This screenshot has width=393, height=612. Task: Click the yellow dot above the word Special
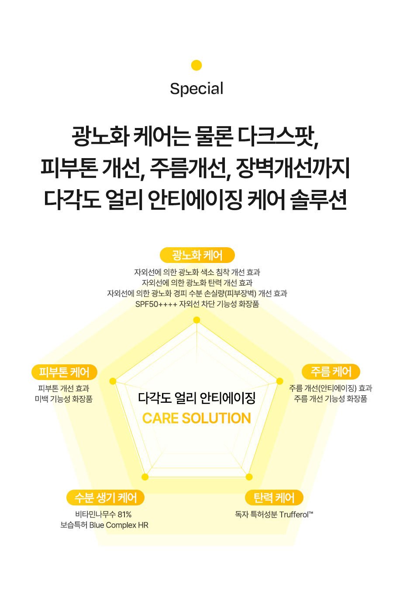pyautogui.click(x=196, y=65)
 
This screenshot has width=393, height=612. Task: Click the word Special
pyautogui.click(x=196, y=89)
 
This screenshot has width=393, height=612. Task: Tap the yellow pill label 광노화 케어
pyautogui.click(x=197, y=255)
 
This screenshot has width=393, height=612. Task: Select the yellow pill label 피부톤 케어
pyautogui.click(x=64, y=372)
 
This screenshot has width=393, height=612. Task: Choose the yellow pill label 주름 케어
pyautogui.click(x=331, y=372)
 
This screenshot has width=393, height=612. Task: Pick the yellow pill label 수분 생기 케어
pyautogui.click(x=105, y=498)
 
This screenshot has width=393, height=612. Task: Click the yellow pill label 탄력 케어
pyautogui.click(x=274, y=498)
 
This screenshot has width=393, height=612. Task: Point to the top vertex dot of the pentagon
pyautogui.click(x=196, y=320)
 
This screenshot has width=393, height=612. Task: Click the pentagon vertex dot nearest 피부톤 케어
pyautogui.click(x=113, y=381)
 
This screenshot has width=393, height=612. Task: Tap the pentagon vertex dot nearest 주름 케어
pyautogui.click(x=280, y=381)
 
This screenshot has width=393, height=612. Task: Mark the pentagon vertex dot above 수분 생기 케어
pyautogui.click(x=145, y=477)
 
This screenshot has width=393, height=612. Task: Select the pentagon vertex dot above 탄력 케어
pyautogui.click(x=249, y=477)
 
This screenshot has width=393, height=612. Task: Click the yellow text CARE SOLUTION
pyautogui.click(x=196, y=418)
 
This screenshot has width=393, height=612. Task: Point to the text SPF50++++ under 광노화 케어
pyautogui.click(x=156, y=304)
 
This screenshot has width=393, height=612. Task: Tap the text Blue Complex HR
pyautogui.click(x=119, y=525)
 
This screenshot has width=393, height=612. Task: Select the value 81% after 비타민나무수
pyautogui.click(x=124, y=515)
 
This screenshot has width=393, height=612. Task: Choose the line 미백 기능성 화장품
pyautogui.click(x=64, y=399)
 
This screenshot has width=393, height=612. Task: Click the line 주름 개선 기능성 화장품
pyautogui.click(x=331, y=399)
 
